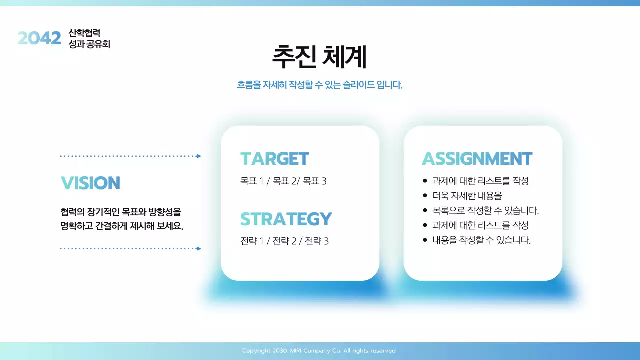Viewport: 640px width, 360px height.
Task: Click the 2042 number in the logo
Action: [x=39, y=38]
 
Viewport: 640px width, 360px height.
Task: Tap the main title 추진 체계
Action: [x=319, y=57]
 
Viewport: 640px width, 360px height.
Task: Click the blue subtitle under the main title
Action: [x=319, y=85]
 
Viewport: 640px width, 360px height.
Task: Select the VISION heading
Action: [x=90, y=183]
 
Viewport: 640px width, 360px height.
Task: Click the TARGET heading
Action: [x=274, y=158]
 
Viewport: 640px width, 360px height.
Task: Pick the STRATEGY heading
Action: [x=286, y=219]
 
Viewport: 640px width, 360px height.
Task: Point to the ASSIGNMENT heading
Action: [x=477, y=158]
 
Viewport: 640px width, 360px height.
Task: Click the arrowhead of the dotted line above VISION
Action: [x=199, y=156]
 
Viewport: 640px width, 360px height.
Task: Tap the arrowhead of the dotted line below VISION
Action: [x=199, y=249]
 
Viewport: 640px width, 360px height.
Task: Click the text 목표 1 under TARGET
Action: [x=252, y=181]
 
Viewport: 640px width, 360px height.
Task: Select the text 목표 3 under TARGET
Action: [x=314, y=181]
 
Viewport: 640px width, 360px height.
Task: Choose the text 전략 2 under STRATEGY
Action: [x=284, y=241]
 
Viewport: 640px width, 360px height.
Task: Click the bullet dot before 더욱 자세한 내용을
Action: [x=425, y=195]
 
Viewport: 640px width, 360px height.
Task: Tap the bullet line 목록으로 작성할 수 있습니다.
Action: [x=485, y=210]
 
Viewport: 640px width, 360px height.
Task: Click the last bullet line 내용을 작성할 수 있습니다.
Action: [x=481, y=240]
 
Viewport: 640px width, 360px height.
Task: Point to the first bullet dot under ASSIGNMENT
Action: [x=425, y=181]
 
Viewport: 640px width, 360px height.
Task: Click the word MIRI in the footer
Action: [x=295, y=351]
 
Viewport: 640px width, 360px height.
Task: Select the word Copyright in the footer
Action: [x=256, y=351]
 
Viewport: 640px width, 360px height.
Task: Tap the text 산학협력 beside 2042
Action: [x=84, y=33]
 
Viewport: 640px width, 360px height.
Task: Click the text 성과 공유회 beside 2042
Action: [x=89, y=44]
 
